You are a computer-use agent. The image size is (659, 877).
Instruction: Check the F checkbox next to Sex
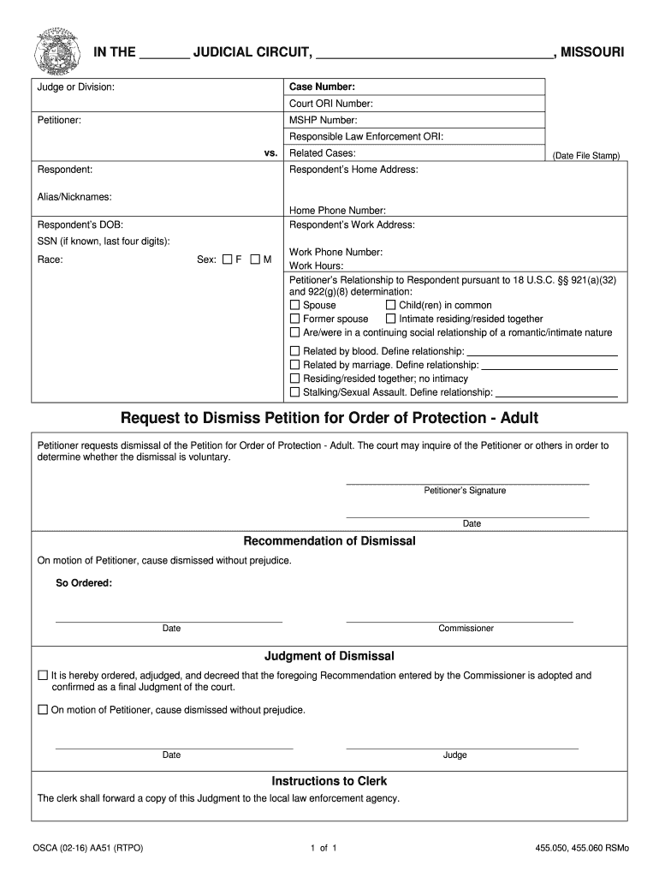[228, 260]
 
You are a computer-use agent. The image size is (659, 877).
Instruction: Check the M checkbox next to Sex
[255, 260]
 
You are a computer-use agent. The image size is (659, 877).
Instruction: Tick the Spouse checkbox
[295, 305]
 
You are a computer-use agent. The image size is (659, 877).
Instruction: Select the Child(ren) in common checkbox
[391, 305]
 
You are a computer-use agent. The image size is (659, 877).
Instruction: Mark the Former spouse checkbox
[295, 319]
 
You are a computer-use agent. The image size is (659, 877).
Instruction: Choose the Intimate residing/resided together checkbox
[391, 319]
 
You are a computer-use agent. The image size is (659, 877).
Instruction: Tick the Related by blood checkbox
[295, 351]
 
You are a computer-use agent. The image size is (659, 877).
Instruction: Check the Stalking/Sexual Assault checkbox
[295, 392]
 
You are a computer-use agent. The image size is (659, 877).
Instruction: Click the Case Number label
[322, 87]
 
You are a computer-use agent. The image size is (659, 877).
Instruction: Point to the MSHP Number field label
[324, 120]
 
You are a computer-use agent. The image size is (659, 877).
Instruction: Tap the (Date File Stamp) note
[585, 156]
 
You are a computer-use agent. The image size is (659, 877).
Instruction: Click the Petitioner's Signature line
[466, 485]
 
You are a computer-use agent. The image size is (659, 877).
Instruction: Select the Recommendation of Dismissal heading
[329, 541]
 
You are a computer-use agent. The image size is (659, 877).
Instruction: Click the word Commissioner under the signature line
[466, 629]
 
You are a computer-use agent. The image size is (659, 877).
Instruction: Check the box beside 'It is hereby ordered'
[43, 676]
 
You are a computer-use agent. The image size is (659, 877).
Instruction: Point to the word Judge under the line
[454, 755]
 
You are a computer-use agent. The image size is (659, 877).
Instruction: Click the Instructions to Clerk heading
[329, 781]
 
